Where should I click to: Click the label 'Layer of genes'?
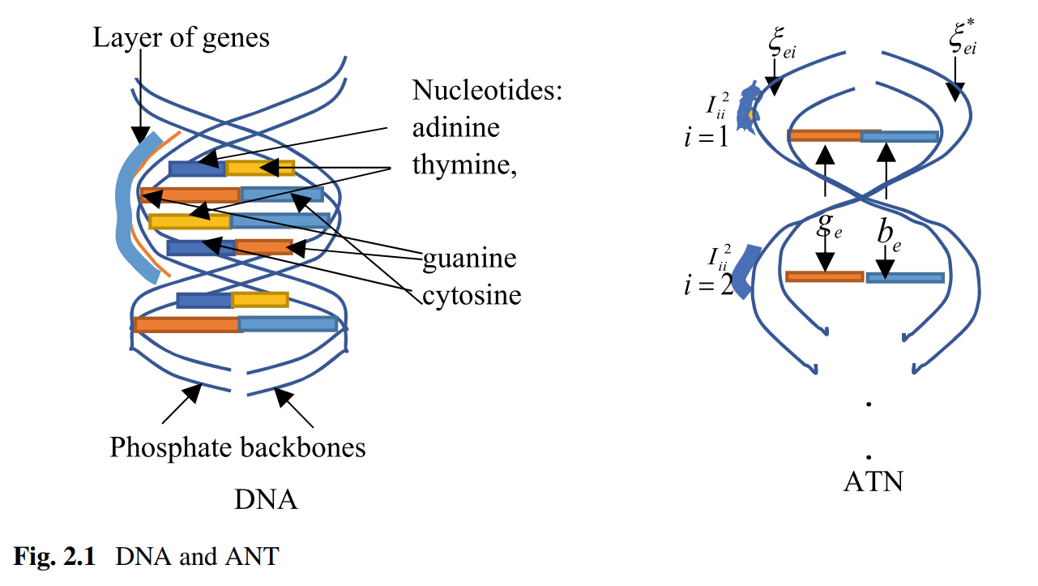pyautogui.click(x=181, y=37)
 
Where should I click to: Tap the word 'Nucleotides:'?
pyautogui.click(x=487, y=90)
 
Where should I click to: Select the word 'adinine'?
pyautogui.click(x=456, y=127)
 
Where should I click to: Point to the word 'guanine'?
pyautogui.click(x=469, y=259)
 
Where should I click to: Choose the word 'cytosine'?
pyautogui.click(x=472, y=296)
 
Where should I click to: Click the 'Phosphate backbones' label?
pyautogui.click(x=237, y=447)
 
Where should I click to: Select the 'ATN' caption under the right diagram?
pyautogui.click(x=873, y=482)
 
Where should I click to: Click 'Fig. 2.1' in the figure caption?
pyautogui.click(x=54, y=557)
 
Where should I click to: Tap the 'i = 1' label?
pyautogui.click(x=705, y=135)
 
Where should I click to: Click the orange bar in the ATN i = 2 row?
pyautogui.click(x=824, y=276)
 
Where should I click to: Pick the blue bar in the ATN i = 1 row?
pyautogui.click(x=899, y=136)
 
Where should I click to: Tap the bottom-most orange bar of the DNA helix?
pyautogui.click(x=187, y=324)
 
